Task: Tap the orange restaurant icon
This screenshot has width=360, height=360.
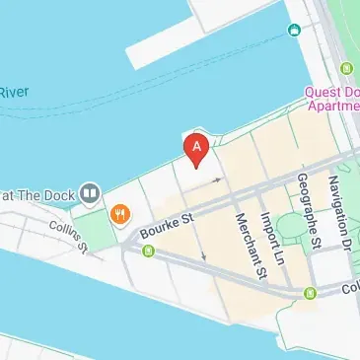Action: (x=120, y=212)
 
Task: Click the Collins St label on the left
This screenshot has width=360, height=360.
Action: (x=69, y=231)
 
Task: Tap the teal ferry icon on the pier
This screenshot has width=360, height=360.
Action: (x=293, y=30)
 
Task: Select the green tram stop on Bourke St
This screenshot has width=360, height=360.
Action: (x=149, y=252)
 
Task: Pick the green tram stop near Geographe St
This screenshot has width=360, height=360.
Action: (x=311, y=293)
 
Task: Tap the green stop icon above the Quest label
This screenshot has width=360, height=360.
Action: (x=346, y=68)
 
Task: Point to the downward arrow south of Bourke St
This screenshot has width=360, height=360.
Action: (x=204, y=256)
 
